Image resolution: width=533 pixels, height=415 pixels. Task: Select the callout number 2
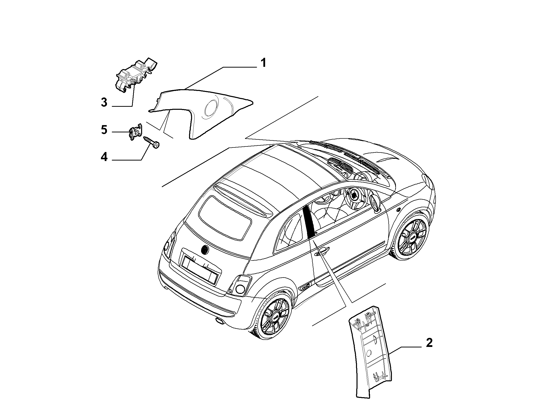429,343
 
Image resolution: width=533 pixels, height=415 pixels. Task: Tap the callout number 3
104,102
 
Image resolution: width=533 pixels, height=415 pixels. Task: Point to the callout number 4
104,157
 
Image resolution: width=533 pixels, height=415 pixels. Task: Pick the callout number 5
104,130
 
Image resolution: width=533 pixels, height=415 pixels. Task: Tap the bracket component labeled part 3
136,76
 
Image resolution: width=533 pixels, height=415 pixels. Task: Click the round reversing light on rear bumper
241,289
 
